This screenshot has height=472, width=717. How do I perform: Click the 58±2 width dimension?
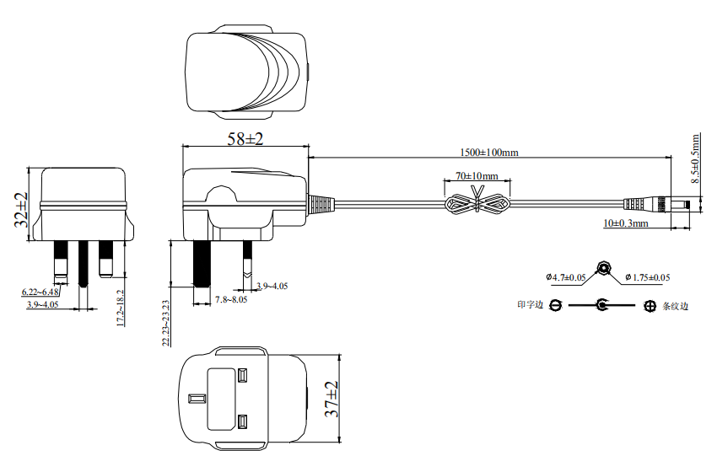coord(245,140)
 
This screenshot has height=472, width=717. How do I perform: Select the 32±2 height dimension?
coord(21,210)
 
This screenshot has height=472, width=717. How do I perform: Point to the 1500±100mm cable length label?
coord(489,153)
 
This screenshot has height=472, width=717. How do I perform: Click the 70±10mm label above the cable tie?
coord(477,176)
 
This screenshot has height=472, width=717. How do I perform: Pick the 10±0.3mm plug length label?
coord(625,223)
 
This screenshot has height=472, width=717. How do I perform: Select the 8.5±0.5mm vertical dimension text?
coord(695,158)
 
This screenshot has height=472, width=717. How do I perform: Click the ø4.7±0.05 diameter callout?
coord(566,277)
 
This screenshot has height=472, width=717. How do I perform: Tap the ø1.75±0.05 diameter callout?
coord(648,277)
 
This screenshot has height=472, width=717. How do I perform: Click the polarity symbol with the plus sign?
coord(650,306)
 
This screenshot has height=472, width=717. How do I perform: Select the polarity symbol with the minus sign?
coord(554,305)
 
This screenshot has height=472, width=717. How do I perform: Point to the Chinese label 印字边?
coord(530,305)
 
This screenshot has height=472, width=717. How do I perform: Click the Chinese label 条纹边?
coord(676,306)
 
